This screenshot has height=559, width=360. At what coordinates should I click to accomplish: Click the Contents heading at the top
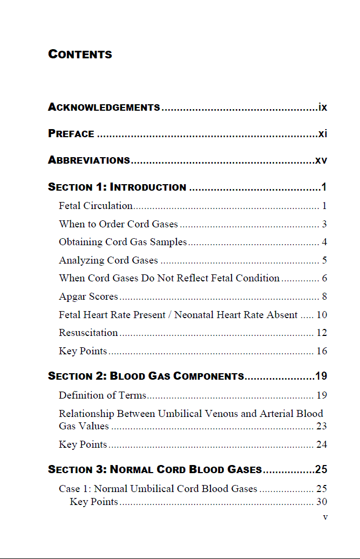(80, 54)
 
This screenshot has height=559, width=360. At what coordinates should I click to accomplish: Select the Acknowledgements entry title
(104, 107)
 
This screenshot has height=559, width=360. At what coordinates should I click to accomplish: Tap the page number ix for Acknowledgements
(323, 107)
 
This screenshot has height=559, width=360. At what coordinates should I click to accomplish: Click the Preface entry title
(71, 133)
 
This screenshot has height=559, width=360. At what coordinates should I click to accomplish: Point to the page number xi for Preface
(323, 133)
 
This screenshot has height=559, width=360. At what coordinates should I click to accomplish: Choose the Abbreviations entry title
(89, 160)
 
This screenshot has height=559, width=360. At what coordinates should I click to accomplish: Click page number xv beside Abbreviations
(321, 160)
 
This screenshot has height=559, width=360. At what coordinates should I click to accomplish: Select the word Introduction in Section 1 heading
(148, 187)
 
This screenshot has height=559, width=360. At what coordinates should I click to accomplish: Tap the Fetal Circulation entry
(96, 206)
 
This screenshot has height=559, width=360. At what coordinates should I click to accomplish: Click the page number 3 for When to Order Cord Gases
(324, 224)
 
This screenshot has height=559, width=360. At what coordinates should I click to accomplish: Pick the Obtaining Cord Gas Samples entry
(123, 242)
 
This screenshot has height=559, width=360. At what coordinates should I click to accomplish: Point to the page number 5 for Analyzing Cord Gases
(324, 260)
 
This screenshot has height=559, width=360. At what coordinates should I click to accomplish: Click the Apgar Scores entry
(88, 297)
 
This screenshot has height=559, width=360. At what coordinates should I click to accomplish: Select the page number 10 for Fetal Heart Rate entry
(322, 315)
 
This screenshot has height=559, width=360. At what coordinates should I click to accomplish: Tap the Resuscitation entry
(88, 333)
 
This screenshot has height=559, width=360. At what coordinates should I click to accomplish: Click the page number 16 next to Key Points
(322, 351)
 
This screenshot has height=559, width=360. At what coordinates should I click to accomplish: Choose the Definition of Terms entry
(103, 395)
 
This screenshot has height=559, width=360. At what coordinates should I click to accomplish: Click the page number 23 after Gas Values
(322, 426)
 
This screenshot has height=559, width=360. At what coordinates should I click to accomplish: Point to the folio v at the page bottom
(325, 517)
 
